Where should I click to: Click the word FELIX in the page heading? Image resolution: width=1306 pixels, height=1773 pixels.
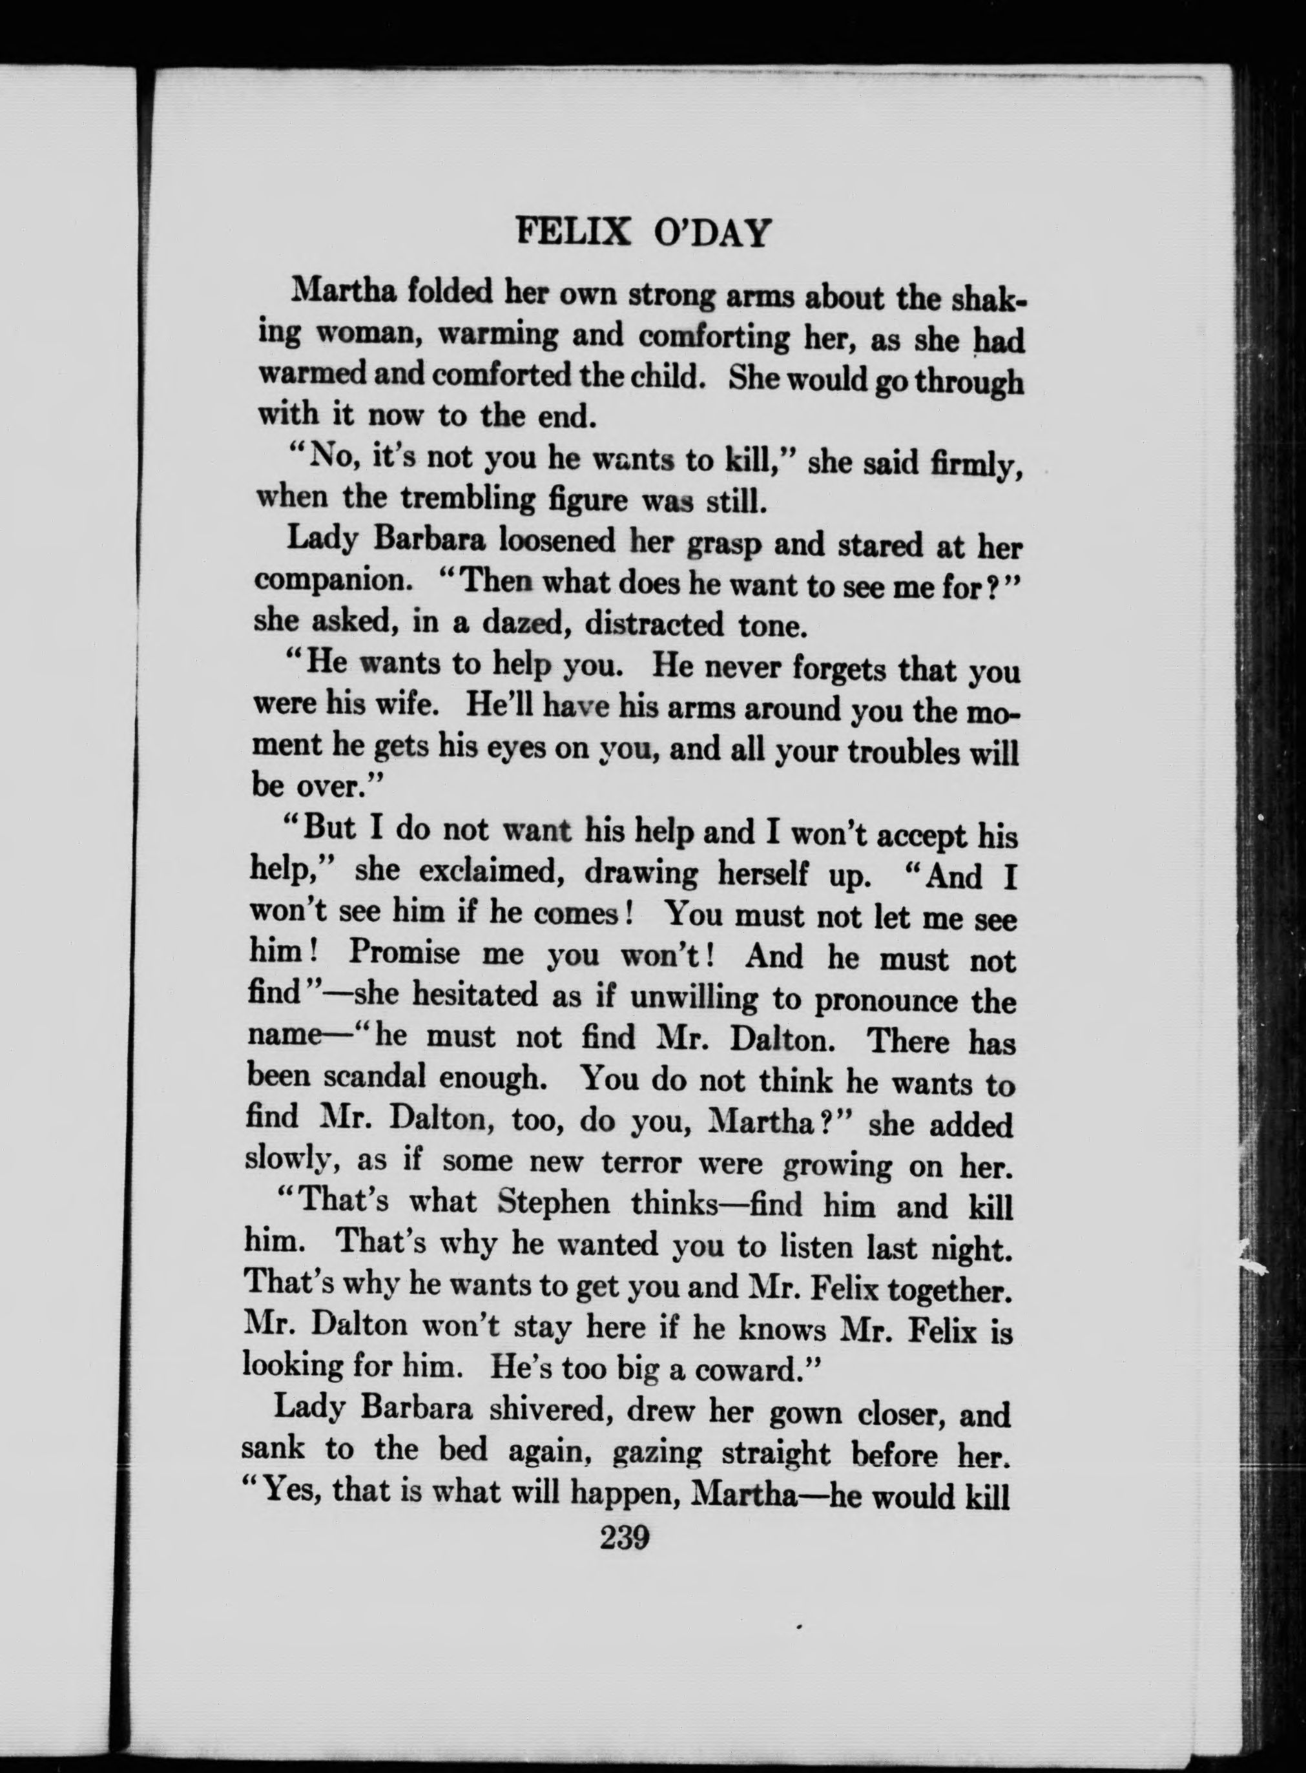coord(572,232)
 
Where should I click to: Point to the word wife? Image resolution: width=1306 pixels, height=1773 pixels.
coord(406,703)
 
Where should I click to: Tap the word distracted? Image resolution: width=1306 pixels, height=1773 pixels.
coord(654,624)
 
